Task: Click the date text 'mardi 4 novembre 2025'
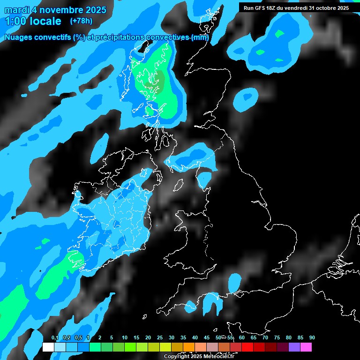(55, 10)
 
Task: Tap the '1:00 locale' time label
(33, 21)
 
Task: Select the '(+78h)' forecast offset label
(81, 21)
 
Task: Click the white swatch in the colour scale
(48, 347)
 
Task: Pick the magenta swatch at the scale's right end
(306, 347)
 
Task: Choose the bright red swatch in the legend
(247, 347)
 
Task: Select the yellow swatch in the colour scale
(165, 347)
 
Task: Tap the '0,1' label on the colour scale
(55, 338)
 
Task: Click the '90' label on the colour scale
(312, 338)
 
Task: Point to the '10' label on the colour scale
(125, 338)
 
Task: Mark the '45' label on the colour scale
(207, 338)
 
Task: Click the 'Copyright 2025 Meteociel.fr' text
(199, 356)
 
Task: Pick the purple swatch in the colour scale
(294, 347)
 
